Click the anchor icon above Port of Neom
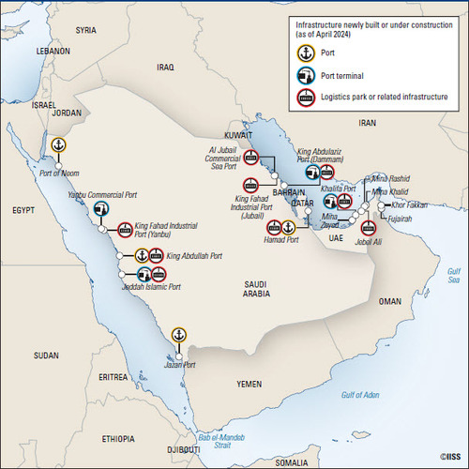click(x=58, y=144)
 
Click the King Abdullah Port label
click(x=190, y=255)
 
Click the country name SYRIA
click(x=86, y=30)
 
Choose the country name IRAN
click(x=367, y=123)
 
